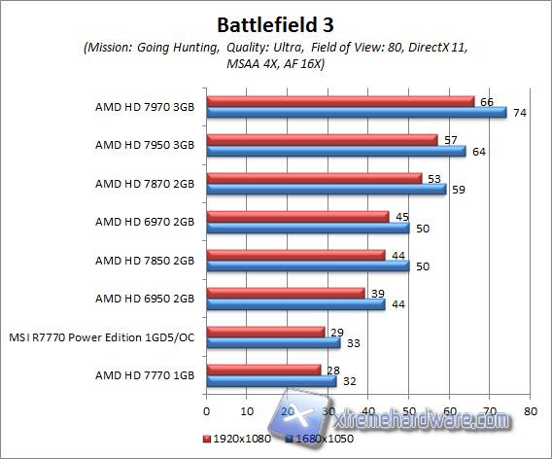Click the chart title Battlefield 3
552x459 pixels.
(275, 22)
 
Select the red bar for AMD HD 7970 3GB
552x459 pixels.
(340, 100)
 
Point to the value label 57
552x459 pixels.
(450, 139)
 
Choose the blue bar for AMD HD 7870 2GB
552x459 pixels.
(326, 189)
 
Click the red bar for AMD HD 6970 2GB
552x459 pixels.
(297, 216)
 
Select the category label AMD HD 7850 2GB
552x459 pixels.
(144, 260)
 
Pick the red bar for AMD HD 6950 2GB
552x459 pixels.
(285, 293)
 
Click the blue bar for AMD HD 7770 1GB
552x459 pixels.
(271, 381)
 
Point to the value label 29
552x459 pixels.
(336, 332)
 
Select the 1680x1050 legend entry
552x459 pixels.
(312, 441)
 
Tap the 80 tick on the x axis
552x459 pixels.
(529, 398)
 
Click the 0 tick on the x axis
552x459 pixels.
(206, 398)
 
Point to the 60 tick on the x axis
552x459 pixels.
(448, 398)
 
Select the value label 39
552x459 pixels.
(377, 293)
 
